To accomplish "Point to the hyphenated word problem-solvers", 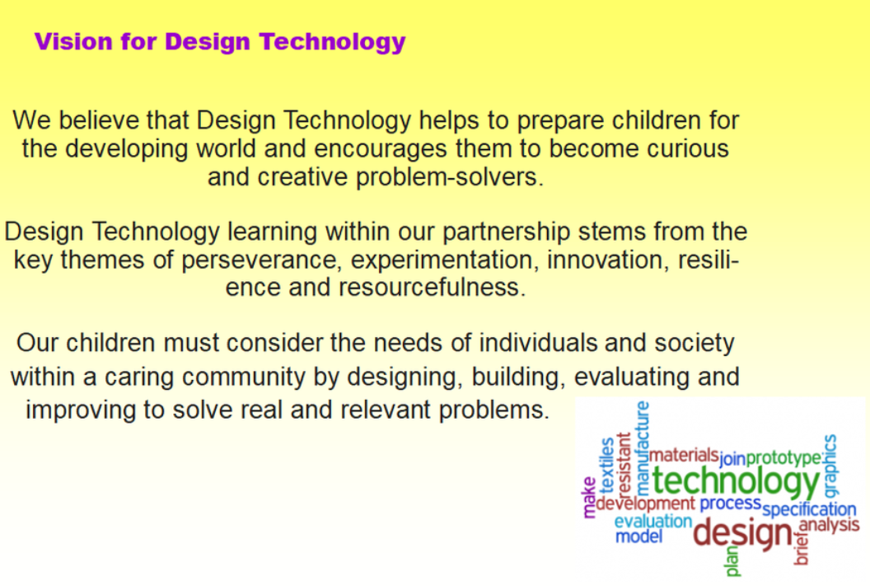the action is point(450,177).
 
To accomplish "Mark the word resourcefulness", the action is point(432,288).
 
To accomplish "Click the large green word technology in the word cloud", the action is point(736,481).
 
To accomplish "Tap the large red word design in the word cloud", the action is point(743,533).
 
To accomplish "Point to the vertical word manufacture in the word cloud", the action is point(643,448).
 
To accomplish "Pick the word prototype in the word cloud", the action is point(783,458).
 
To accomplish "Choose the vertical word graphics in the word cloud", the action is point(830,466).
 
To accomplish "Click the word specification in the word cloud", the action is point(809,509).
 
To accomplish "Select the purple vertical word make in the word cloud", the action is point(589,497).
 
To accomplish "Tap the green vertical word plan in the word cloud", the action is point(732,561).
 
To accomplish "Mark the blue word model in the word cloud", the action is point(639,537).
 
